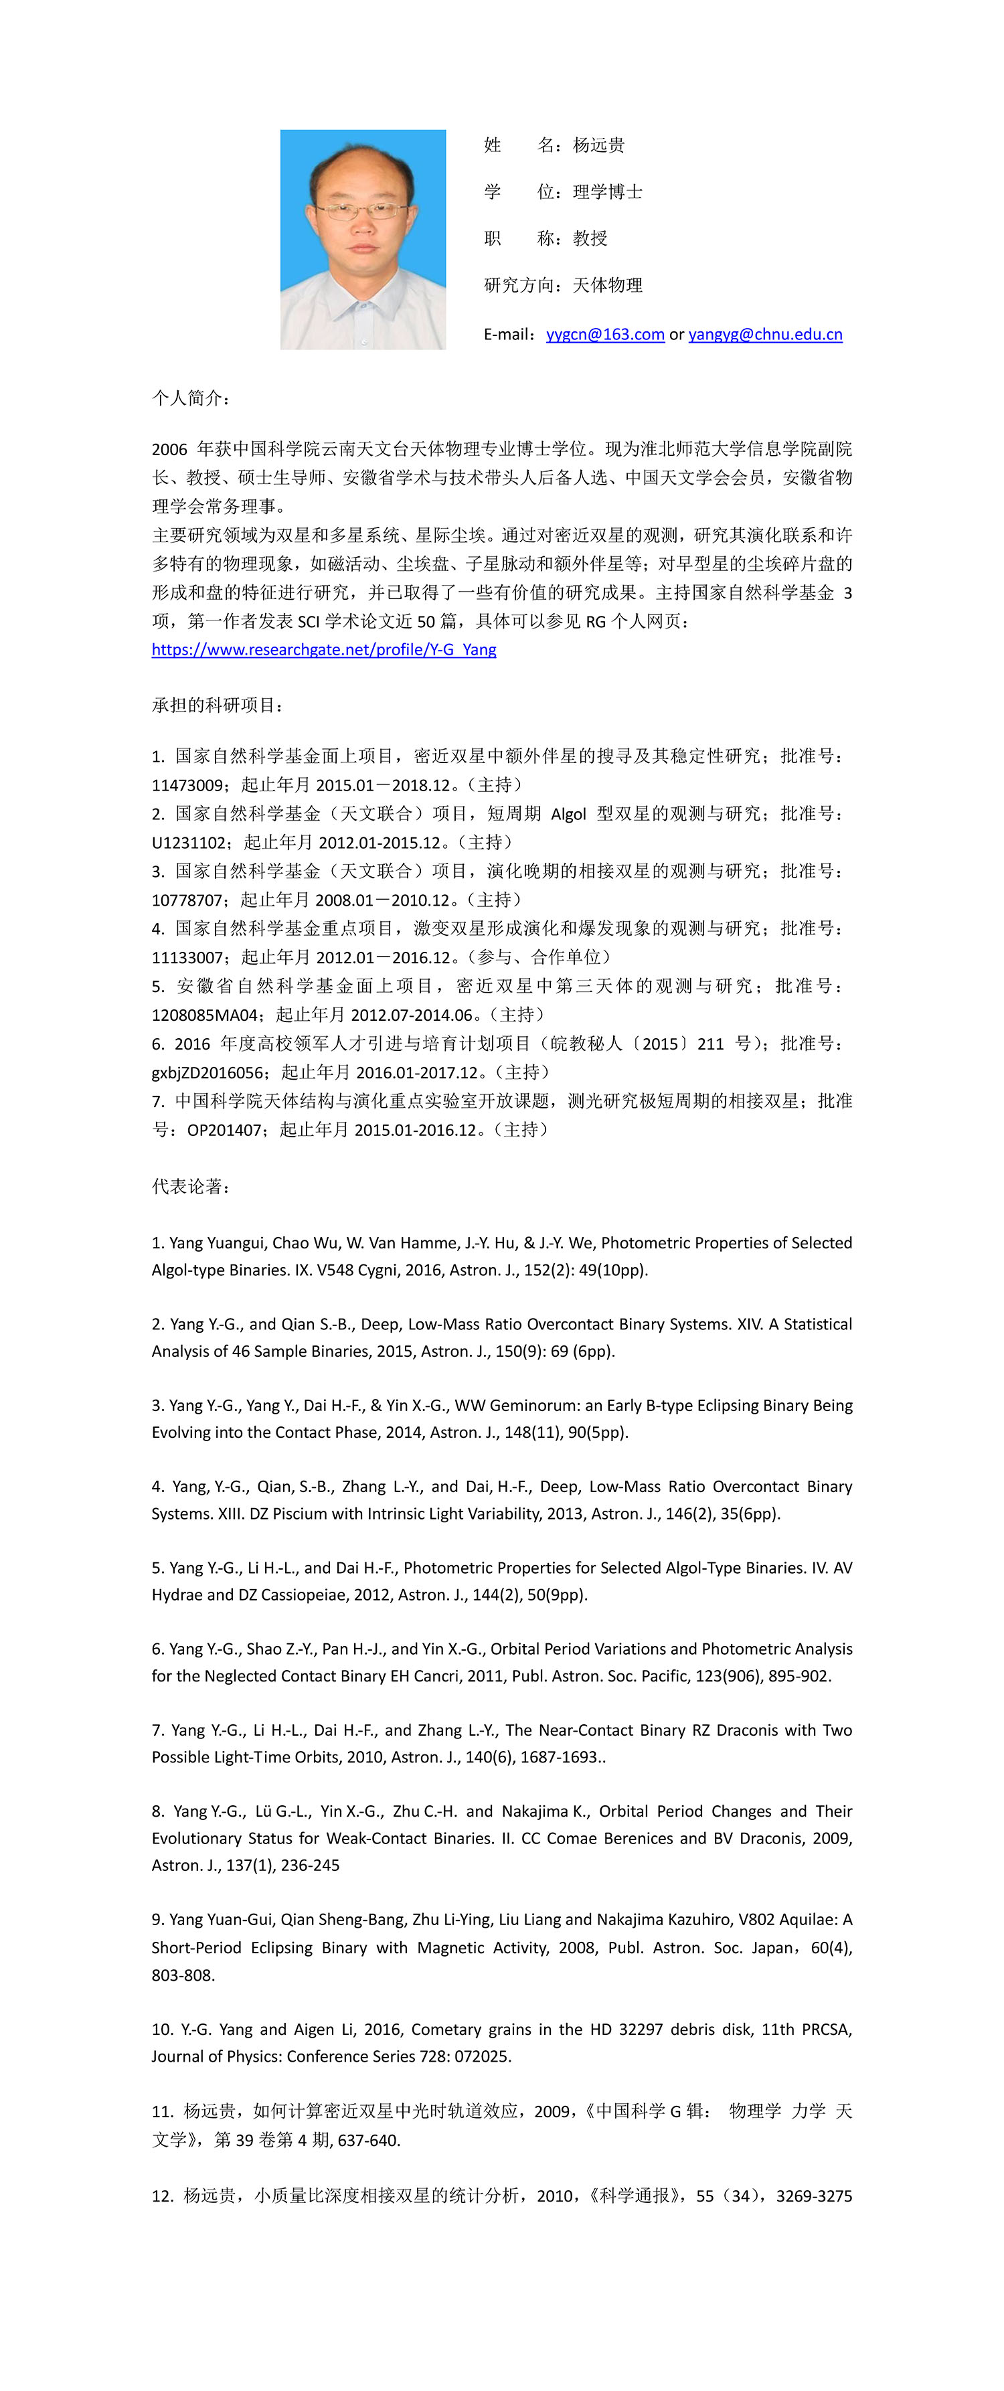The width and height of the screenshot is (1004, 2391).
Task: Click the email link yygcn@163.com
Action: pyautogui.click(x=605, y=334)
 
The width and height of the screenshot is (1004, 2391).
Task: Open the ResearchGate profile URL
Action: pyautogui.click(x=324, y=650)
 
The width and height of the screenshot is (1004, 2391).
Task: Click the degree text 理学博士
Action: pyautogui.click(x=607, y=192)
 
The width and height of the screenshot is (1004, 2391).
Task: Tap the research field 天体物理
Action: pyautogui.click(x=607, y=285)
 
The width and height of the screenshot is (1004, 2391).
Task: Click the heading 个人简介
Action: pyautogui.click(x=190, y=398)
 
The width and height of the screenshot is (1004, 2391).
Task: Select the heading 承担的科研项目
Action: pyautogui.click(x=217, y=706)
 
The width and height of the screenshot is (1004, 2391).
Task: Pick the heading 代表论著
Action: pyautogui.click(x=190, y=1186)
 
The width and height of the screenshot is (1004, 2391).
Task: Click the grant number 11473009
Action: pyautogui.click(x=187, y=785)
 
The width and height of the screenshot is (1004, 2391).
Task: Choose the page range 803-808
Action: pyautogui.click(x=183, y=1975)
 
